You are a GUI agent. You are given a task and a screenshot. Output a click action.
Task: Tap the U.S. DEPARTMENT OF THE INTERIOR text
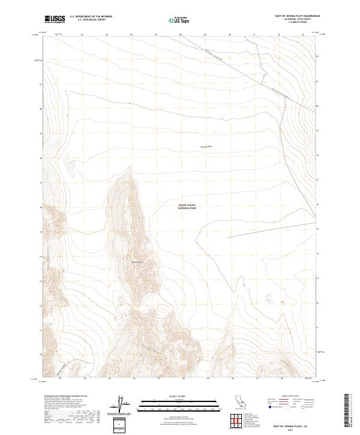tap(91, 17)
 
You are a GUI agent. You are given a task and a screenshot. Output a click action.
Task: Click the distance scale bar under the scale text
tap(180, 403)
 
